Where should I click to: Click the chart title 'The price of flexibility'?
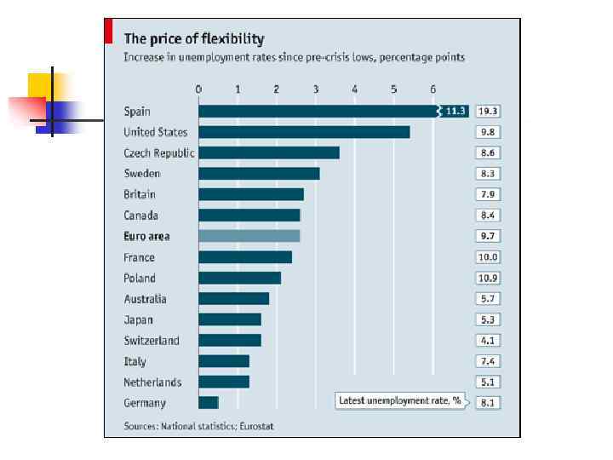(x=194, y=38)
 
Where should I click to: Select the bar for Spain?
(x=315, y=111)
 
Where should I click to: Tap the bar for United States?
(x=304, y=132)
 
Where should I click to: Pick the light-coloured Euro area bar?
(x=249, y=236)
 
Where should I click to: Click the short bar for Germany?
(x=208, y=403)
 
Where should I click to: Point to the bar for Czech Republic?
(x=268, y=152)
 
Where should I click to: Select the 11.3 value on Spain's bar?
(x=455, y=112)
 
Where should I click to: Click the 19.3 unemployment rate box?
(x=488, y=112)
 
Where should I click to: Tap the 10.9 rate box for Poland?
(x=488, y=278)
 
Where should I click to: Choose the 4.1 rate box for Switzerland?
(x=488, y=341)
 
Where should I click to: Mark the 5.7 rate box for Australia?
(x=488, y=299)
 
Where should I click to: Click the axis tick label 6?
(x=433, y=89)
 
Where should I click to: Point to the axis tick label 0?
(x=198, y=89)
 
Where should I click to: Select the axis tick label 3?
(x=316, y=89)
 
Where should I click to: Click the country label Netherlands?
(x=152, y=382)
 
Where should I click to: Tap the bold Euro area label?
(x=146, y=236)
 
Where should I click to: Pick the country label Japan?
(x=139, y=319)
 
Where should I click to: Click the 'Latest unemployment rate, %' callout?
(x=399, y=400)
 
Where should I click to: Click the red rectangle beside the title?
(x=108, y=32)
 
